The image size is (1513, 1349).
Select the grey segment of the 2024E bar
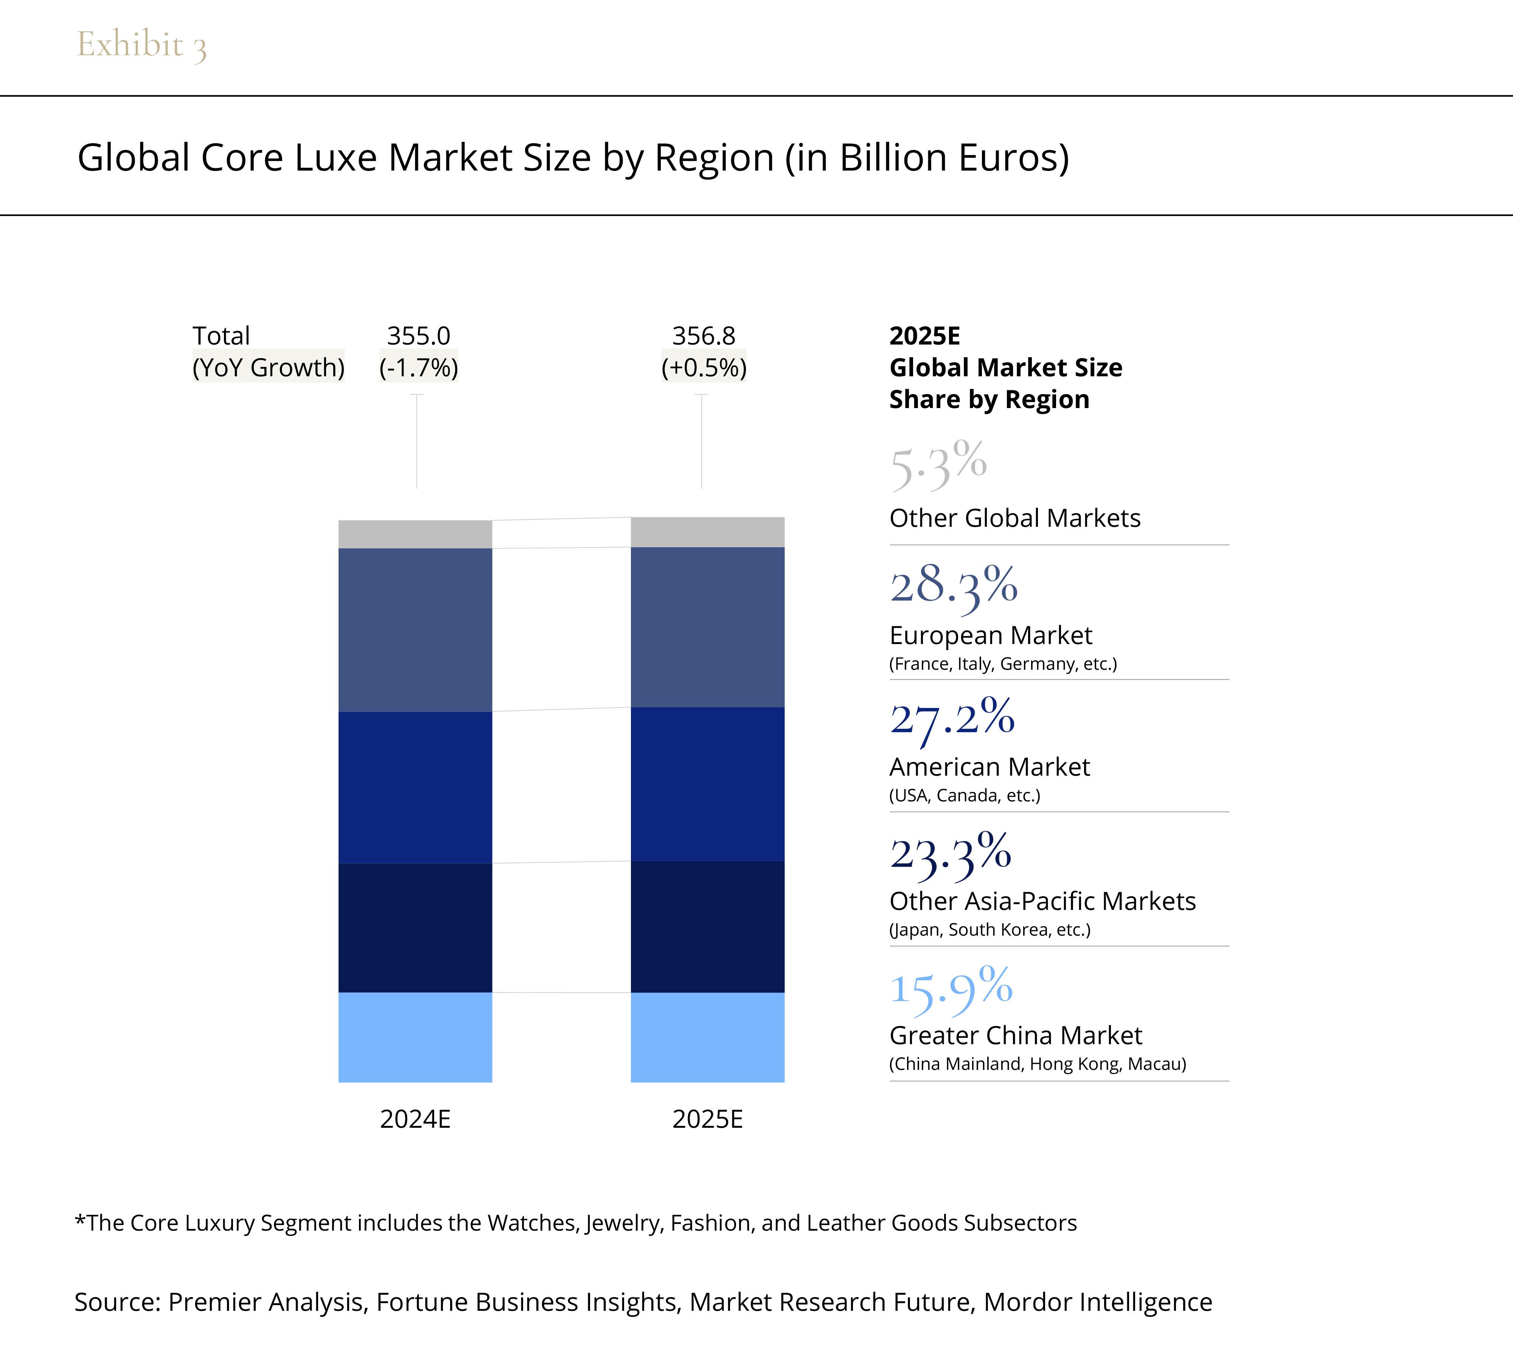tap(415, 534)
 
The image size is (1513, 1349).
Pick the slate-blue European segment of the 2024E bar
tap(415, 630)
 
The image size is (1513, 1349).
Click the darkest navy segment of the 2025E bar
tap(707, 927)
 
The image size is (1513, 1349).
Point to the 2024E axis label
tap(415, 1119)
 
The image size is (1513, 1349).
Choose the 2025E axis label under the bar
tap(707, 1119)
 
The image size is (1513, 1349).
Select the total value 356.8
tap(704, 336)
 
